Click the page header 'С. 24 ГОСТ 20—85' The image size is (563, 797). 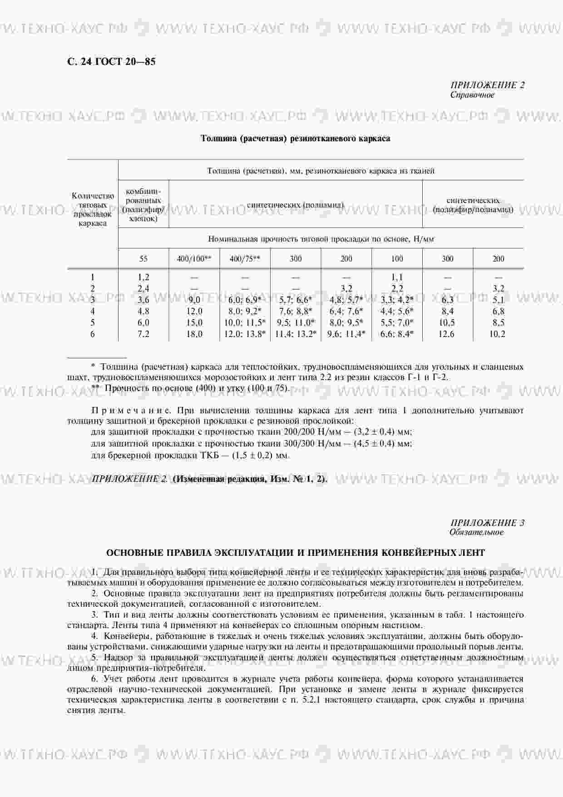pos(111,62)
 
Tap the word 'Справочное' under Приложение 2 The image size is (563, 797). pos(472,95)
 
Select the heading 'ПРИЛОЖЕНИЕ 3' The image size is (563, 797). pos(487,523)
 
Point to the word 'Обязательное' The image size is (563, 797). pos(476,532)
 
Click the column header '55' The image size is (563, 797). pos(143,259)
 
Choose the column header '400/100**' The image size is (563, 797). pos(194,259)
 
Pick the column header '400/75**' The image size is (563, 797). pos(245,259)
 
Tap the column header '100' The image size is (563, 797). pos(397,259)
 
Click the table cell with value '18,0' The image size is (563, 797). pos(194,334)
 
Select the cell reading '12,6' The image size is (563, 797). pos(447,334)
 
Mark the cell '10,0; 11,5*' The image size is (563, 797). pos(245,323)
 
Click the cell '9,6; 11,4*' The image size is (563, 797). pos(346,334)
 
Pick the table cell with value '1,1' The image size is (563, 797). pos(397,277)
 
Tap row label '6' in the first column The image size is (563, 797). pos(93,334)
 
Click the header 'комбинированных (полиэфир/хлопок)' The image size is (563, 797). pos(143,204)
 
